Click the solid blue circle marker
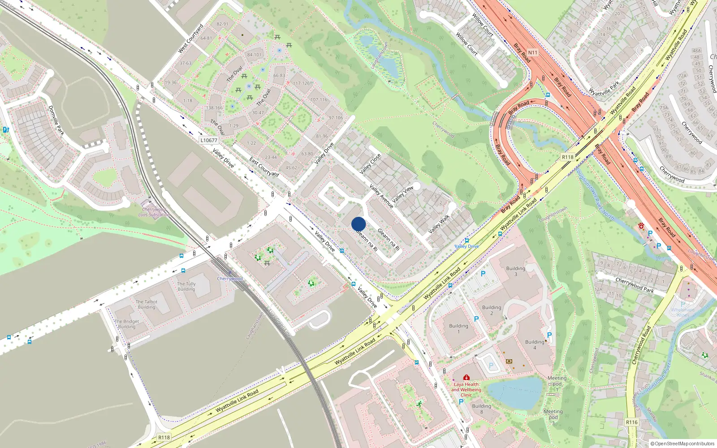pyautogui.click(x=358, y=224)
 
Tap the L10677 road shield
pyautogui.click(x=209, y=140)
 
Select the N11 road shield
pyautogui.click(x=532, y=52)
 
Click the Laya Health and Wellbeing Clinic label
pyautogui.click(x=466, y=389)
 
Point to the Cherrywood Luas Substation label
pyautogui.click(x=154, y=212)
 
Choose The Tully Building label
pyautogui.click(x=186, y=286)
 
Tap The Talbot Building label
pyautogui.click(x=147, y=305)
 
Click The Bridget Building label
pyautogui.click(x=127, y=324)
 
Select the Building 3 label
pyautogui.click(x=515, y=271)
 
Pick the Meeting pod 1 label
pyautogui.click(x=557, y=383)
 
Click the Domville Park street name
pyautogui.click(x=56, y=120)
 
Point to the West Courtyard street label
pyautogui.click(x=191, y=39)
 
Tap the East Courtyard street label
pyautogui.click(x=264, y=167)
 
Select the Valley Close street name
pyautogui.click(x=370, y=164)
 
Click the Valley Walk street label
pyautogui.click(x=439, y=224)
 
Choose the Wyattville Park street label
pyautogui.click(x=604, y=88)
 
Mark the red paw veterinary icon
pyautogui.click(x=641, y=226)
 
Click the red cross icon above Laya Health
pyautogui.click(x=466, y=377)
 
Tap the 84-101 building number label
pyautogui.click(x=254, y=55)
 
